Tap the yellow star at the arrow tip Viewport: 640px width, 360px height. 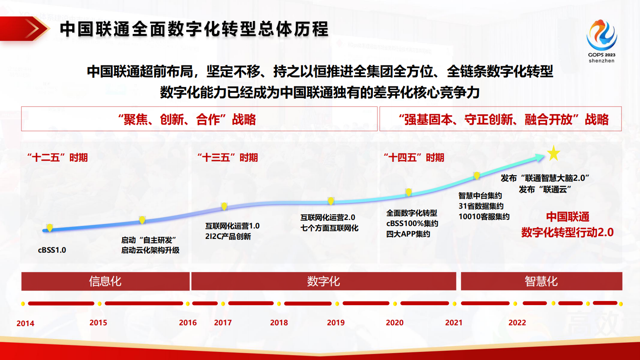554,153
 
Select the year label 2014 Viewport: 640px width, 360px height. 25,323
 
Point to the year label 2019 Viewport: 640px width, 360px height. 336,322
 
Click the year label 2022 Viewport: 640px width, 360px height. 517,322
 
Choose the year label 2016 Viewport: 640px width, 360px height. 188,322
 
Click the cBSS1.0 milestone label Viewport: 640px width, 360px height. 52,250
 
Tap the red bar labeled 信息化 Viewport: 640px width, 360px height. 105,281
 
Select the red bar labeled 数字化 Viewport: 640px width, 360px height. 323,281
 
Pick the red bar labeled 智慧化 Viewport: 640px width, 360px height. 541,281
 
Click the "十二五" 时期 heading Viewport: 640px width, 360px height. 57,157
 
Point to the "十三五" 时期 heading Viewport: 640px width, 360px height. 227,157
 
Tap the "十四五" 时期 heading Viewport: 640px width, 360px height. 414,157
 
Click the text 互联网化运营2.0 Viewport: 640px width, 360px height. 327,218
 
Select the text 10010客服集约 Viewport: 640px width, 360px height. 484,217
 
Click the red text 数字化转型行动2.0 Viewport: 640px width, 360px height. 567,232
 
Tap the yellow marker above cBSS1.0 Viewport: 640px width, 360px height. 50,228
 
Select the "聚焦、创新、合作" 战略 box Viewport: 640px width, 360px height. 199,119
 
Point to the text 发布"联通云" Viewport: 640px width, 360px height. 545,189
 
